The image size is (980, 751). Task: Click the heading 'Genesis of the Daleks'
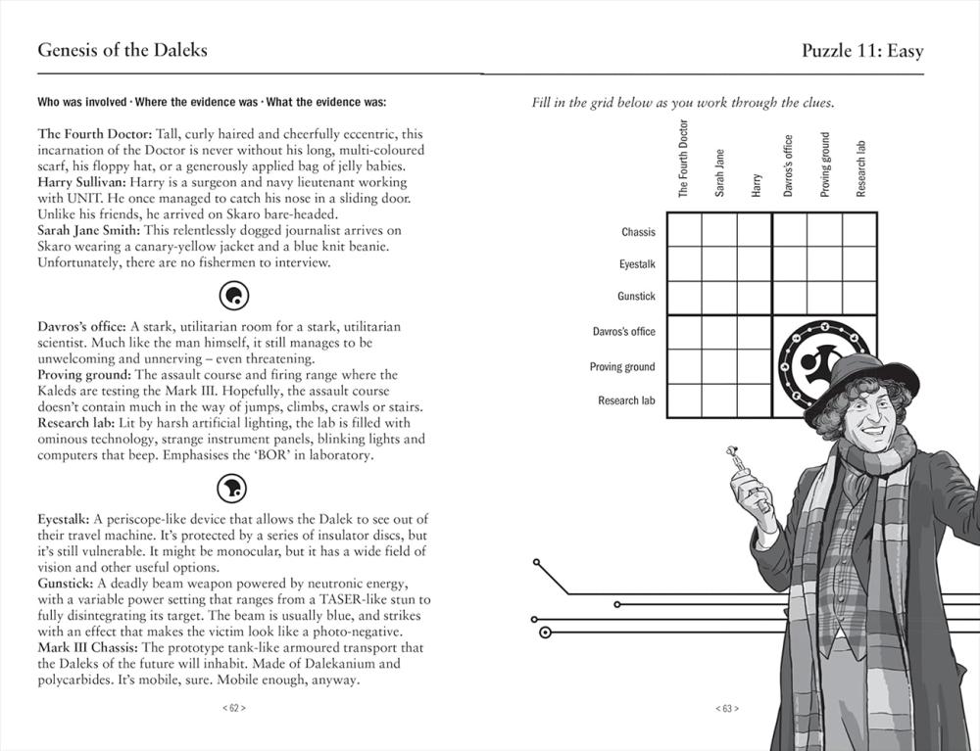click(122, 50)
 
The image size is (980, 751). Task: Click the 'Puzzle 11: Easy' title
click(862, 51)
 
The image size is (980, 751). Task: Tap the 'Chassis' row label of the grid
click(638, 232)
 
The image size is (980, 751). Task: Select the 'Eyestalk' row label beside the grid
click(637, 264)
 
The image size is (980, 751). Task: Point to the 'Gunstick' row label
click(636, 297)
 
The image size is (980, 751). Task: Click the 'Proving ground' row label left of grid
click(622, 367)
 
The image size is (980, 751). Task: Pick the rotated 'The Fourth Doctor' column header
click(684, 159)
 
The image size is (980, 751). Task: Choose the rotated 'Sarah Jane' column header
click(719, 172)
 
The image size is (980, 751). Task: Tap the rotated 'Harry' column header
click(756, 186)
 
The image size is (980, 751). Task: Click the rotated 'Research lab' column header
click(861, 169)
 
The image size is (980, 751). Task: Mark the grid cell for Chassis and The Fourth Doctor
click(684, 230)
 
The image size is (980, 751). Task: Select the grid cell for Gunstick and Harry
click(755, 298)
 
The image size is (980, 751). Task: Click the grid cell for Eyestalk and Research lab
click(859, 263)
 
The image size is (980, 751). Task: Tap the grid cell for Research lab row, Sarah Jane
click(719, 401)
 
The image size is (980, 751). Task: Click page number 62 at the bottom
click(233, 708)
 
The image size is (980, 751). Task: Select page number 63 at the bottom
click(726, 708)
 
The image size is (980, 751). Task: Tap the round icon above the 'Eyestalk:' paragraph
click(234, 487)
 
